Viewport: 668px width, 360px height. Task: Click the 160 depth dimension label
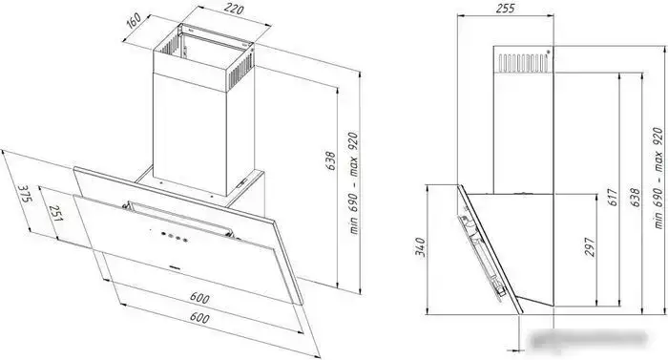pos(135,21)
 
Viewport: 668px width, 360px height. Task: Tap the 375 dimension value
pos(26,195)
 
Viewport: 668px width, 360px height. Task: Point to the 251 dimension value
pos(56,213)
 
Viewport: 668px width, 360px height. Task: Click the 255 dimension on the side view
pos(505,8)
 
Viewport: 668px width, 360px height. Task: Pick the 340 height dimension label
pos(420,247)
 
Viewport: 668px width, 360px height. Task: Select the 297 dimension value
pos(590,247)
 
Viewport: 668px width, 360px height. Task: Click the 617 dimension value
pos(613,198)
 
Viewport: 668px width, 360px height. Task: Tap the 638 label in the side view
pos(635,198)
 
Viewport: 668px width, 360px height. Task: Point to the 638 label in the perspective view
pos(330,161)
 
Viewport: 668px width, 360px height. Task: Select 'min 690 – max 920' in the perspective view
pos(353,183)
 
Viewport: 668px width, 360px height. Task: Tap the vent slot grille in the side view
pos(523,63)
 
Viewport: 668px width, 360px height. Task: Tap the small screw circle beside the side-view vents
pos(549,52)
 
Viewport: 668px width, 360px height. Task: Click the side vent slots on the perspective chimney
pos(240,71)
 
